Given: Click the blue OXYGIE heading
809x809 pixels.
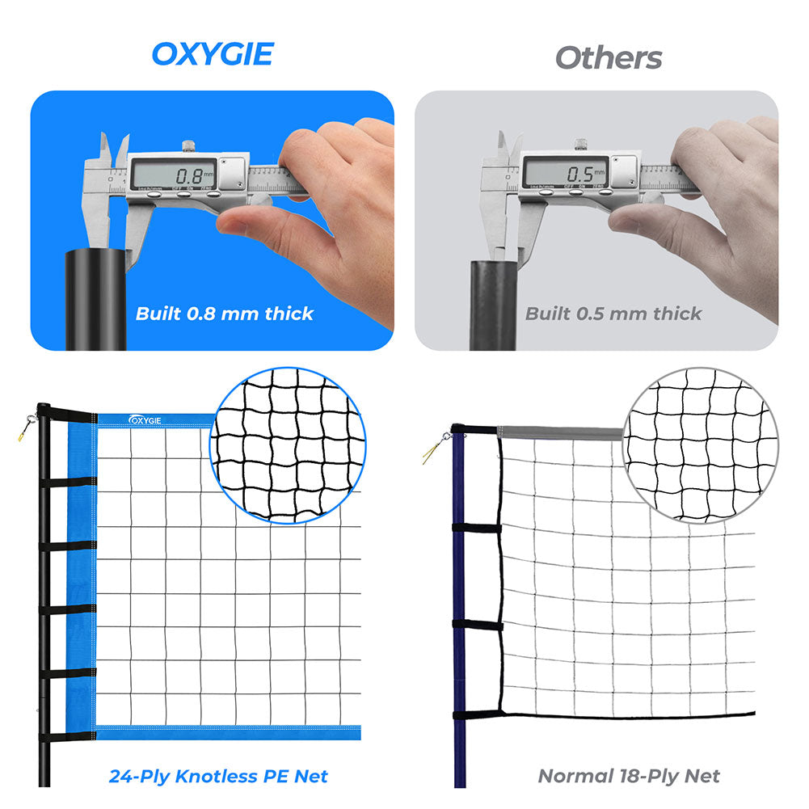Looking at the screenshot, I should [x=213, y=54].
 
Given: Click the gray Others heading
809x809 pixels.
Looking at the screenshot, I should [x=608, y=57].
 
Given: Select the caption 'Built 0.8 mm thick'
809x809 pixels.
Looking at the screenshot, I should [x=224, y=314].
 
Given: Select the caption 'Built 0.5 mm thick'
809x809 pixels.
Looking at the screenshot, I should [x=613, y=314].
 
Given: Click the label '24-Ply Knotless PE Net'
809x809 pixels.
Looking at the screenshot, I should [x=218, y=777].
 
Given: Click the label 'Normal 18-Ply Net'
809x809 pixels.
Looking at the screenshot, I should [x=629, y=777].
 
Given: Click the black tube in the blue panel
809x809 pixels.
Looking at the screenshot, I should [x=95, y=299].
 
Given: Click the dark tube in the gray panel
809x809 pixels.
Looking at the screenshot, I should [x=493, y=303].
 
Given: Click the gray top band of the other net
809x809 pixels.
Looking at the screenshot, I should [x=558, y=432].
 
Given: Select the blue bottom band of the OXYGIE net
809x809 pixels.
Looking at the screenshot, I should [x=226, y=734].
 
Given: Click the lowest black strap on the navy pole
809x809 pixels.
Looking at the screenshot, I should [x=477, y=715].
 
